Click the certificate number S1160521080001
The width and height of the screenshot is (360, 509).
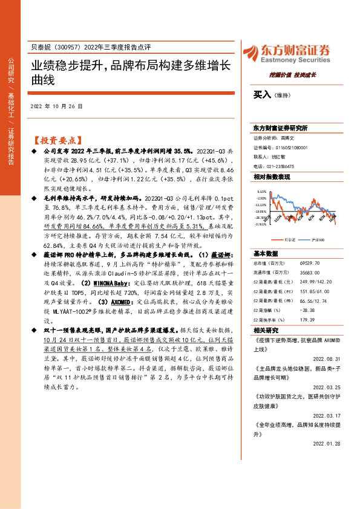[288, 147]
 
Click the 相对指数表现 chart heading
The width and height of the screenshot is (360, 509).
[272, 177]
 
